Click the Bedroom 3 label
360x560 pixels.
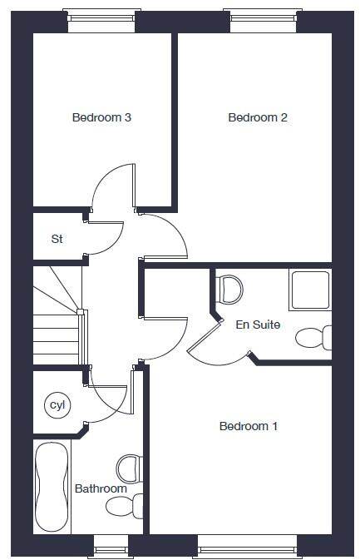(x=101, y=117)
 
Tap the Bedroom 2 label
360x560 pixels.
(x=257, y=117)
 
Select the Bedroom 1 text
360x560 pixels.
(x=248, y=426)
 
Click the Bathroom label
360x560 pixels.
(x=101, y=488)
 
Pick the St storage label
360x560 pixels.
(x=57, y=239)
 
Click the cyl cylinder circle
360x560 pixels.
(x=57, y=405)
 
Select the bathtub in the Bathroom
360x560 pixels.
(x=52, y=488)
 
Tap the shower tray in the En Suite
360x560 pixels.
(x=309, y=289)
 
